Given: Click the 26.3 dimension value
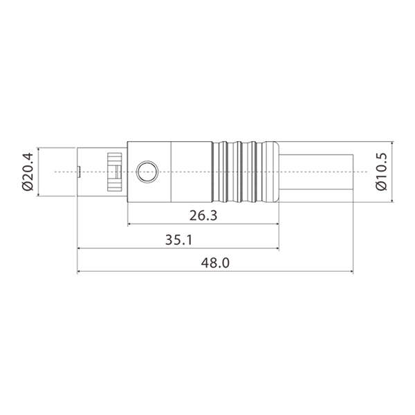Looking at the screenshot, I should pos(203,216).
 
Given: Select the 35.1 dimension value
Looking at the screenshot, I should pos(178,239).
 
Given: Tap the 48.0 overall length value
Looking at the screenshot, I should pos(214,263).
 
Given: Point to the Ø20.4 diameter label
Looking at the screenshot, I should pos(28,172).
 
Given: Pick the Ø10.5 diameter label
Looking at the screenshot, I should pos(380,172).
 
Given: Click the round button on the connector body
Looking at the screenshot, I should pos(147,171).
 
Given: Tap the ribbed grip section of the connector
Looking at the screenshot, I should pos(245,172).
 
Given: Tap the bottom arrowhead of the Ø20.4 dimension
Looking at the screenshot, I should pos(39,194).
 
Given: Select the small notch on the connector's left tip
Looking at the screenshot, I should pos(79,171).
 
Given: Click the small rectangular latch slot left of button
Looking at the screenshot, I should pos(115,172).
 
